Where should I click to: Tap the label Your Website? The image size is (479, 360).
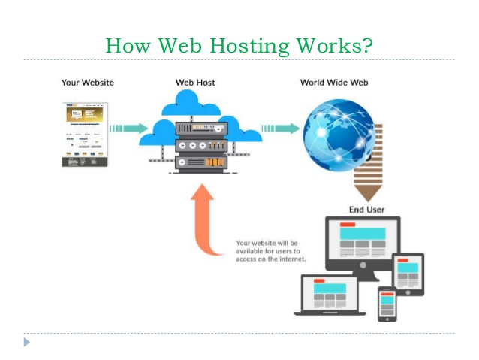88,82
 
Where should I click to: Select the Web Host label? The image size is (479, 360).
195,82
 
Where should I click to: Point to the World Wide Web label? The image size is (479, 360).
333,82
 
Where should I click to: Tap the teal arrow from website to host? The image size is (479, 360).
128,129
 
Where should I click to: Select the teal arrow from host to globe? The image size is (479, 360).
280,129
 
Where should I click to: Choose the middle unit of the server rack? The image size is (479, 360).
200,144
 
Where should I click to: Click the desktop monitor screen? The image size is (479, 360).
362,242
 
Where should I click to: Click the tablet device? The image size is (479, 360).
408,274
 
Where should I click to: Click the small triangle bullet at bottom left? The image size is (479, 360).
27,343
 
